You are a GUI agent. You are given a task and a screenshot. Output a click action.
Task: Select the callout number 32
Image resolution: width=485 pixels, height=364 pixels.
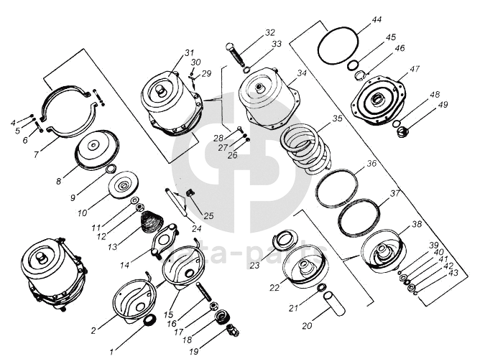click(269, 33)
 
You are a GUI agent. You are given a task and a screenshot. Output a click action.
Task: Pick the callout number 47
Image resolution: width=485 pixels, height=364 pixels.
click(415, 69)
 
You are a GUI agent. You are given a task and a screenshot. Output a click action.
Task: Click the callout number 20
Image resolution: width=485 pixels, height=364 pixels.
click(307, 326)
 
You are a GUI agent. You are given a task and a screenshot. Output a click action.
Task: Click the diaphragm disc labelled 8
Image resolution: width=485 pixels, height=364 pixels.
click(99, 149)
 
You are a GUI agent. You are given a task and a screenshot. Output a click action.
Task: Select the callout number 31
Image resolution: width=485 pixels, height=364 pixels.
click(189, 52)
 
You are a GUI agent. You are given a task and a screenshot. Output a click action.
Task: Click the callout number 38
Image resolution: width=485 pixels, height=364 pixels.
click(416, 223)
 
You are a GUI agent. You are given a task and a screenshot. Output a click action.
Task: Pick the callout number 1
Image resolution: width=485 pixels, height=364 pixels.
click(111, 353)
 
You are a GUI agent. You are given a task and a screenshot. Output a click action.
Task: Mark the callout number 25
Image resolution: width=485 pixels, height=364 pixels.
click(208, 215)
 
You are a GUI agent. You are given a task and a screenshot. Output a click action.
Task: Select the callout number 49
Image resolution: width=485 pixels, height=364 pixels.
click(443, 105)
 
